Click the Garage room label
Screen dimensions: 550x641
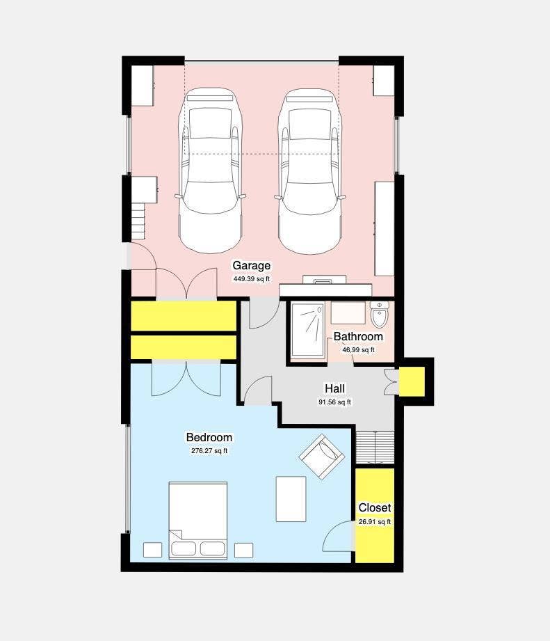(x=251, y=266)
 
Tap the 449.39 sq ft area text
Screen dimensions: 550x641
(x=252, y=279)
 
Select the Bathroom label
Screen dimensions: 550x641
(x=358, y=336)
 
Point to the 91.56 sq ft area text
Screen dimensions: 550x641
(x=335, y=402)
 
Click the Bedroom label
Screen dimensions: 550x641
(x=209, y=437)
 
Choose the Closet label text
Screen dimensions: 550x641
(x=375, y=508)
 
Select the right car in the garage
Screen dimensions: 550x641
(x=310, y=171)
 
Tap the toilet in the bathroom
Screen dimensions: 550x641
(x=380, y=314)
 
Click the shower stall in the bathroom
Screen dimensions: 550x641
(x=308, y=330)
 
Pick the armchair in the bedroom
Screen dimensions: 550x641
(x=322, y=457)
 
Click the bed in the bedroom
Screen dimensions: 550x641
(x=198, y=521)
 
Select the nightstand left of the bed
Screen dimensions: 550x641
(x=153, y=550)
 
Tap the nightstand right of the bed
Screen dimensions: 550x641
(x=244, y=551)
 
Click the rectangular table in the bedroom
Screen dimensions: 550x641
(x=291, y=499)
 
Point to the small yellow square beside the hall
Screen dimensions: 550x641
(x=412, y=381)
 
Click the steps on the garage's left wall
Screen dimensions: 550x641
(x=138, y=221)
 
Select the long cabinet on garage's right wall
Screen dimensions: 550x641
(x=385, y=228)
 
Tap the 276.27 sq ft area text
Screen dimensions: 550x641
(x=209, y=451)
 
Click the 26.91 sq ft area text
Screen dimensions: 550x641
(x=375, y=522)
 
